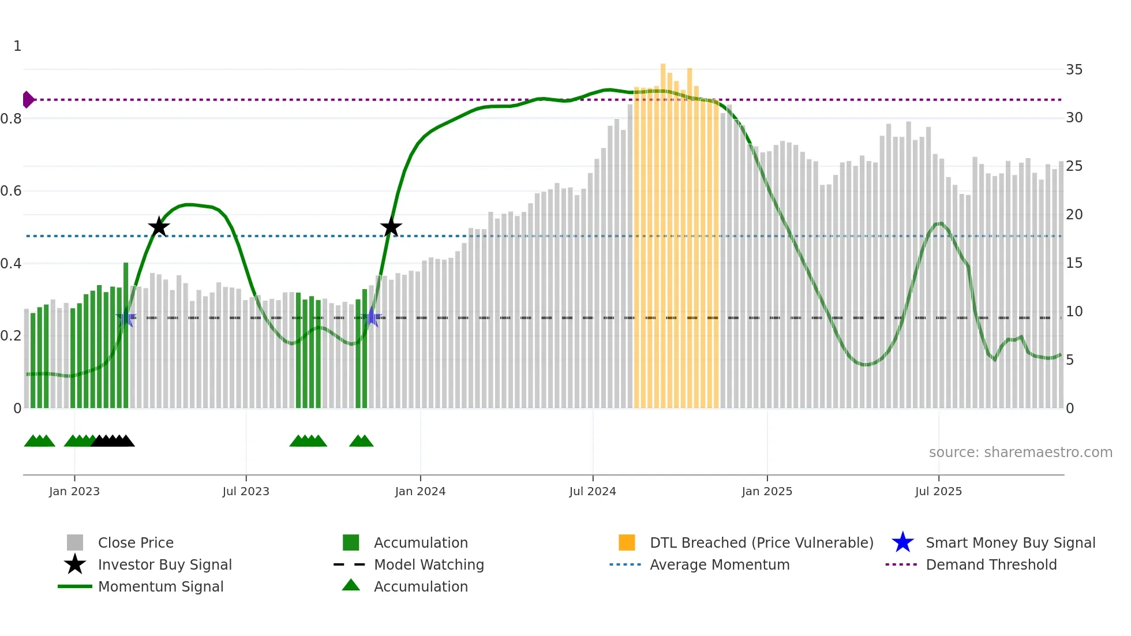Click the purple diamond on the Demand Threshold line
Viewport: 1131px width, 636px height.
click(28, 100)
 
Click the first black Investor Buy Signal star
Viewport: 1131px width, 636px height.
click(159, 227)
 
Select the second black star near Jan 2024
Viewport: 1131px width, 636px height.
click(391, 227)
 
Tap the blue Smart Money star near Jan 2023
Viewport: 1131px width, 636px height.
click(126, 318)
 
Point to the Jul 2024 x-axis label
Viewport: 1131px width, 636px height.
click(593, 492)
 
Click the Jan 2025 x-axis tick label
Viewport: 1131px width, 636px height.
click(767, 492)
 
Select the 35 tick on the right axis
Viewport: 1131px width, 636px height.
click(1074, 70)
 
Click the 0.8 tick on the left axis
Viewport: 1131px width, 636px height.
click(12, 119)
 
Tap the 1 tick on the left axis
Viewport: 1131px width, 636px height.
click(17, 46)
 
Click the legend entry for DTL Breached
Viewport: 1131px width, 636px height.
click(761, 543)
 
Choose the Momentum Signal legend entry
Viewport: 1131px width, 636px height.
click(160, 587)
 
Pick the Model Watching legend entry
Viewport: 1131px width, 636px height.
click(429, 565)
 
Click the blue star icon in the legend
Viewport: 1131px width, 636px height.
click(902, 543)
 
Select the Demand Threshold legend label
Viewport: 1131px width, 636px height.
click(991, 565)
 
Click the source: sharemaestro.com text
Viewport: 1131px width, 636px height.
click(1020, 452)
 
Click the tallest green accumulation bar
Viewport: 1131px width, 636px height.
click(126, 335)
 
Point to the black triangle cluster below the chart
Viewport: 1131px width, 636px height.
click(113, 441)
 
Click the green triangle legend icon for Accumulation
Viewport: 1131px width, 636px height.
click(351, 586)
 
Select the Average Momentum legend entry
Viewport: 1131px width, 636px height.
click(719, 565)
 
